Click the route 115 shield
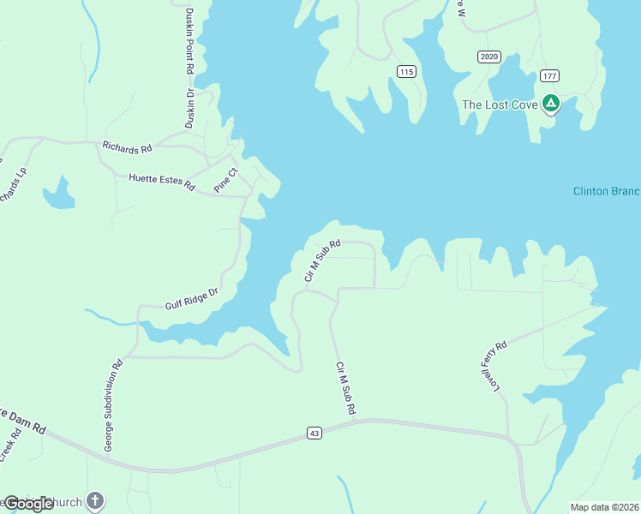407,72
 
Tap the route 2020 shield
488,57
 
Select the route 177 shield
549,76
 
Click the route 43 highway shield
315,434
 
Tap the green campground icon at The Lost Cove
550,105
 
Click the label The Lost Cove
500,105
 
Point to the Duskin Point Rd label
189,69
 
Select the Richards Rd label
127,147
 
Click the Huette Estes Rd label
162,180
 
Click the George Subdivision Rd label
113,405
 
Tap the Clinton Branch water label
606,191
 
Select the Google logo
29,504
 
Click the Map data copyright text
604,507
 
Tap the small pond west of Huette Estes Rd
58,195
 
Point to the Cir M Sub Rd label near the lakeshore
322,260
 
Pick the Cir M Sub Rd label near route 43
345,389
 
